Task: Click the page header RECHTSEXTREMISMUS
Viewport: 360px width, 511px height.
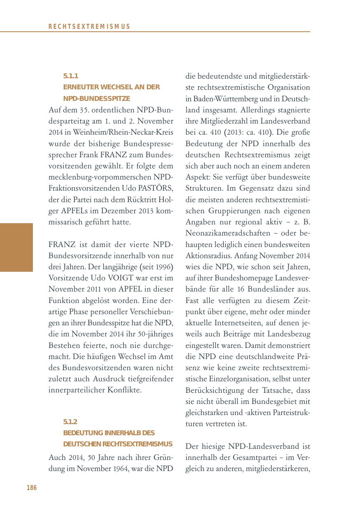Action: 89,26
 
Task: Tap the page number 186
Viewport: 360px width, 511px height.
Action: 32,488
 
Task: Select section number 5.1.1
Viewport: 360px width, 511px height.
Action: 71,76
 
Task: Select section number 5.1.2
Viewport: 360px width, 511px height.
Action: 71,422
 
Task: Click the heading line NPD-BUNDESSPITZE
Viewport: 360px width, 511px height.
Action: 97,99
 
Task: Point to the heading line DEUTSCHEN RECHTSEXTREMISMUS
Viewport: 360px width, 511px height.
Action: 118,444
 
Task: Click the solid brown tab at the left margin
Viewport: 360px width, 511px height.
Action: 16,247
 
